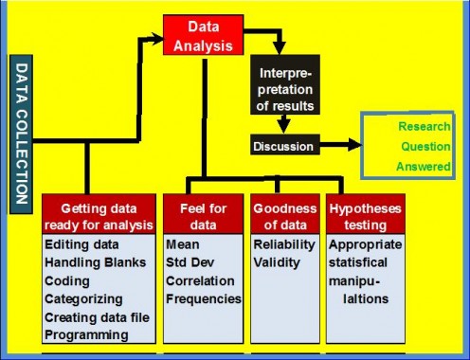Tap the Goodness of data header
[x=283, y=215]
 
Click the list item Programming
[x=87, y=333]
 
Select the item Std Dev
[x=190, y=263]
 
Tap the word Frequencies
[x=204, y=298]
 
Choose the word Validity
[x=278, y=263]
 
